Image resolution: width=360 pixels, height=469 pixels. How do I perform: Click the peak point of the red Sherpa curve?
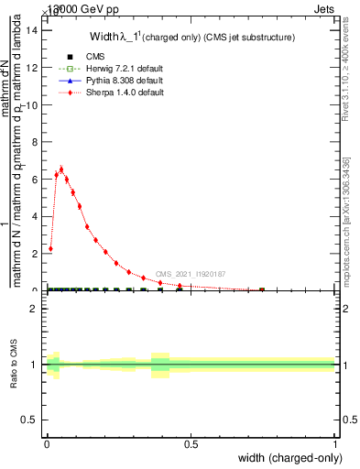pyautogui.click(x=61, y=169)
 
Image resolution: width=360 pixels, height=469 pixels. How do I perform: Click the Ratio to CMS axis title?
pyautogui.click(x=14, y=365)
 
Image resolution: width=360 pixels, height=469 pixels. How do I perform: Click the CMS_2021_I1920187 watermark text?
pyautogui.click(x=190, y=274)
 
